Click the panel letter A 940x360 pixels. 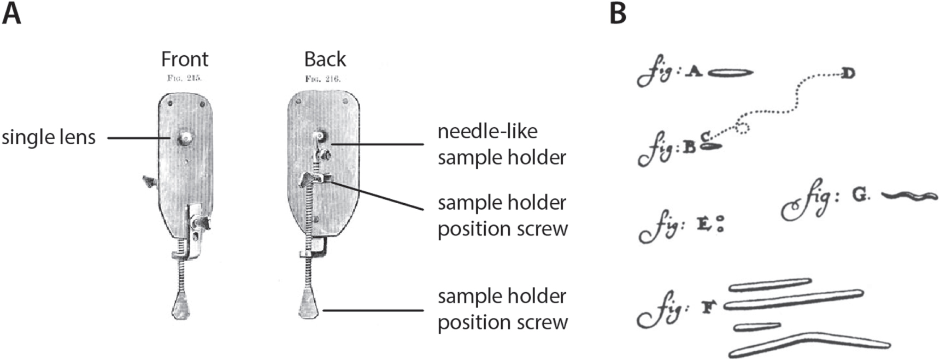(12, 13)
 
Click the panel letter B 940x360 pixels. (618, 13)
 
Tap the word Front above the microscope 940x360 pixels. (185, 59)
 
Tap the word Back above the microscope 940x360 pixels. (325, 59)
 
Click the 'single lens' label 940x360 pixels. (49, 137)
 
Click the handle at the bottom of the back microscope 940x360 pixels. (309, 306)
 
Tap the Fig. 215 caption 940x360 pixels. (184, 78)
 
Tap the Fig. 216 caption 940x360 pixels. (323, 79)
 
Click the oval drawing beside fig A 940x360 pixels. (731, 72)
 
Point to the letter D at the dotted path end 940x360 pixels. (848, 73)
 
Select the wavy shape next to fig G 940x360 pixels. (910, 196)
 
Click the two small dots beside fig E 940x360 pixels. (720, 224)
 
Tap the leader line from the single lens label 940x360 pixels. (140, 138)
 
